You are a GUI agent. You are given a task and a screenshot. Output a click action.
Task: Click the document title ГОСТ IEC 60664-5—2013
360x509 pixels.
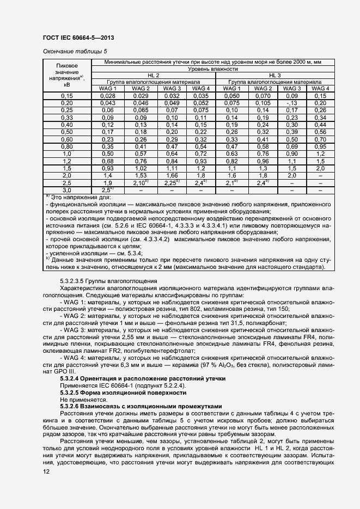[78, 38]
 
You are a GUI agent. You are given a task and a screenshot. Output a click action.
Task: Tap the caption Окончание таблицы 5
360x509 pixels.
[71, 52]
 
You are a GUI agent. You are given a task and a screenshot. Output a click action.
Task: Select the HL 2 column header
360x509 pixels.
[154, 76]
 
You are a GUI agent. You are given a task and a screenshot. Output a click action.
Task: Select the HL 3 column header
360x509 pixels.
[275, 76]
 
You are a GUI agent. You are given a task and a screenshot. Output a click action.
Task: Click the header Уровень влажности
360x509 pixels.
[213, 70]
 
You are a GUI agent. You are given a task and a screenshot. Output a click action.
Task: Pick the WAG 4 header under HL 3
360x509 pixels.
[320, 88]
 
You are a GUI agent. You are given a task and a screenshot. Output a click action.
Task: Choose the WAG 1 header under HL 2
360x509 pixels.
[108, 88]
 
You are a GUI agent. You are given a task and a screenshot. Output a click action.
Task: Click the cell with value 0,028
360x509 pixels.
[108, 96]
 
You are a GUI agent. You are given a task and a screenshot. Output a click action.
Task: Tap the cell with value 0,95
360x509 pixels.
[320, 146]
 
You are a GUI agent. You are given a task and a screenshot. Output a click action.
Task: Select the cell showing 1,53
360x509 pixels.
[140, 176]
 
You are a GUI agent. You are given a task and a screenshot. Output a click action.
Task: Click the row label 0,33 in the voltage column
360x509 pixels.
[66, 118]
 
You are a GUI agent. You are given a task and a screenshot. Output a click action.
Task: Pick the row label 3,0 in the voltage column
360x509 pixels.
[66, 191]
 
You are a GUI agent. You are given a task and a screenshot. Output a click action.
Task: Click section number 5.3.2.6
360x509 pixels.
[72, 406]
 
